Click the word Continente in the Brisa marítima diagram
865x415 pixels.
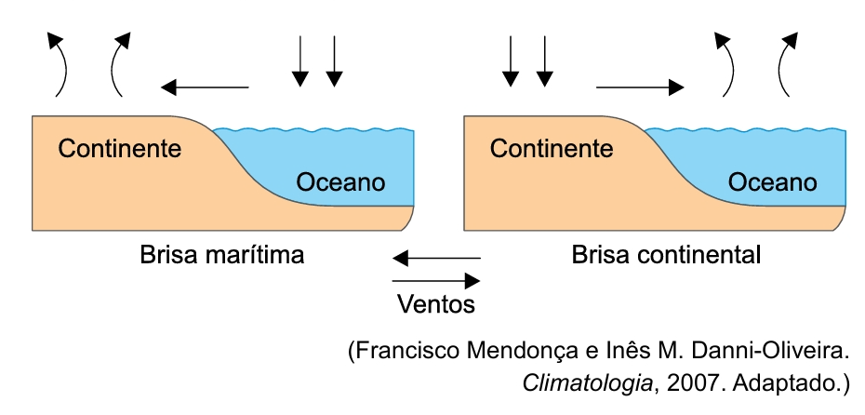120,148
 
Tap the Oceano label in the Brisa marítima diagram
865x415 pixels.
340,181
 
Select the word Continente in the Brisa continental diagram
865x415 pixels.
552,148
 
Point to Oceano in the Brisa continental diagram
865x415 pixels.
773,181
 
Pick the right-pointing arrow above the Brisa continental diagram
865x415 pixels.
641,87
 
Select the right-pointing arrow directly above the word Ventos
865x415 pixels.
436,279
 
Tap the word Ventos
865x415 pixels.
436,303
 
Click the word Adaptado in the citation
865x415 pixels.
776,382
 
